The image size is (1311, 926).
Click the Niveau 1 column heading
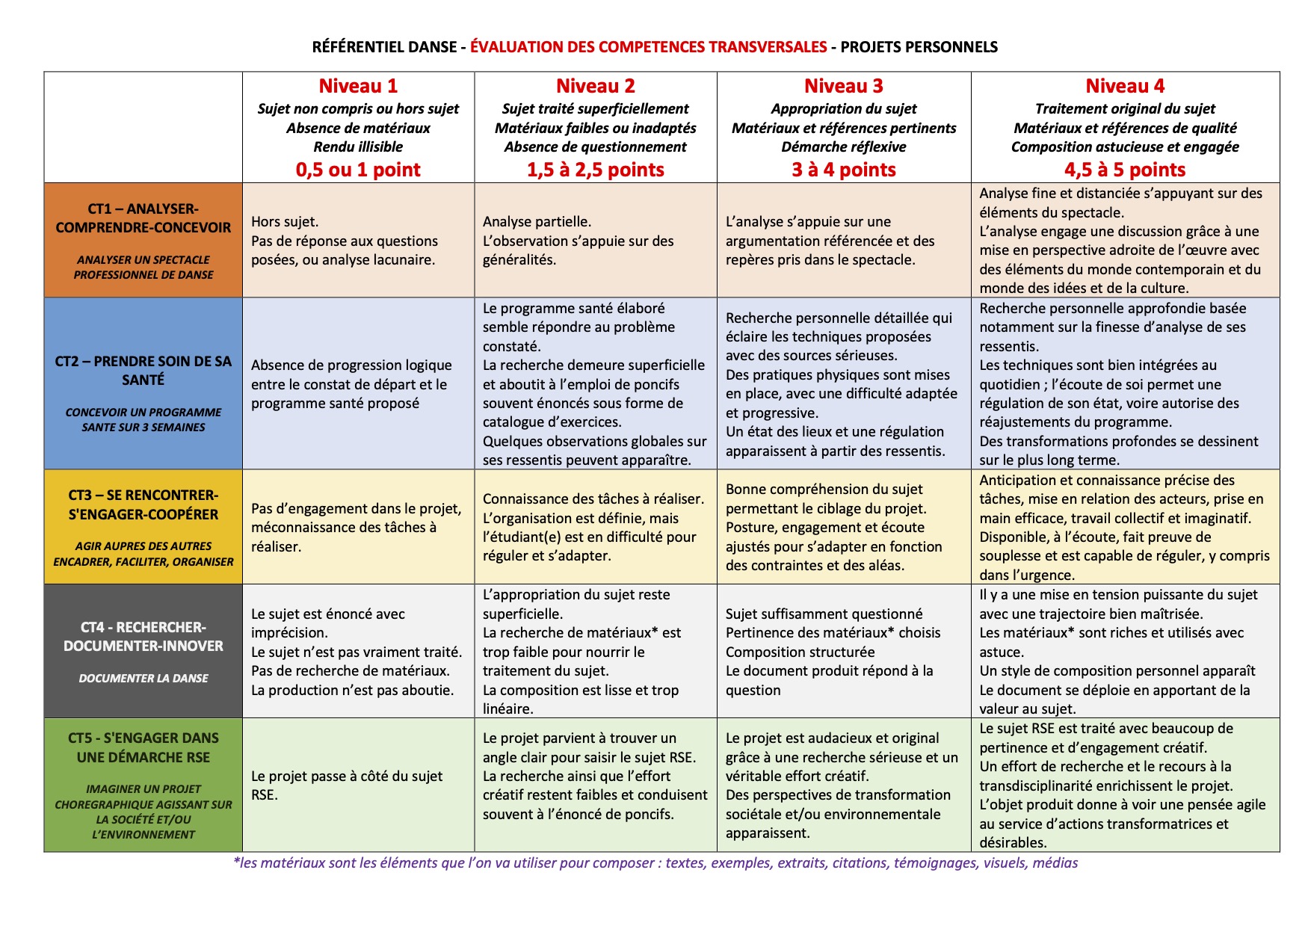coord(358,86)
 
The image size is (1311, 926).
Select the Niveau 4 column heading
coord(1125,86)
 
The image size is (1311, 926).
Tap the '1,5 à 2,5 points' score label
coord(596,170)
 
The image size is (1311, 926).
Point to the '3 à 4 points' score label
coord(844,170)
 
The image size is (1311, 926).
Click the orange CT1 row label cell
coord(144,240)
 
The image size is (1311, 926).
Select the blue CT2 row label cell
coord(144,383)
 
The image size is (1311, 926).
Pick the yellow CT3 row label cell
coord(144,527)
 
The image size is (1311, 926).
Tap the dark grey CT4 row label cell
coord(144,651)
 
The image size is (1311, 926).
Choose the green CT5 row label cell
coord(144,785)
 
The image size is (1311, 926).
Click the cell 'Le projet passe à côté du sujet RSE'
coord(347,785)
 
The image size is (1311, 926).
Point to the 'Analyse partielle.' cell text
coord(537,222)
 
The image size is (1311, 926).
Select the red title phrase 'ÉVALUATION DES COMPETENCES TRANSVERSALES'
coord(648,47)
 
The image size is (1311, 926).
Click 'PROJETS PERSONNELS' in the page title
coord(919,47)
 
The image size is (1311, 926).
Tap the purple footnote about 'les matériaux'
coord(655,863)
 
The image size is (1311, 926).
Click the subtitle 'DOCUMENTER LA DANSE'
coord(144,679)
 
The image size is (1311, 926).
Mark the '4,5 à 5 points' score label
coord(1125,170)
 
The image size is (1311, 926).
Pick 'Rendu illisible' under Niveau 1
coord(358,147)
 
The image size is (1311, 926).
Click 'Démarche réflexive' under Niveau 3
coord(844,147)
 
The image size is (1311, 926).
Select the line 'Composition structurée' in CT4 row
coord(800,652)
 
